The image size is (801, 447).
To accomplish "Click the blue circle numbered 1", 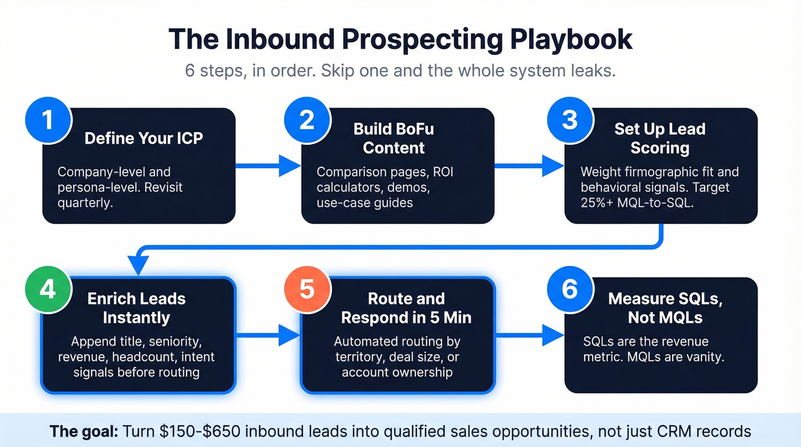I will pos(48,120).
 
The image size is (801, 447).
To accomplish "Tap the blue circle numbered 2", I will pos(307,120).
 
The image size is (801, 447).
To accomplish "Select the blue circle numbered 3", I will pos(570,120).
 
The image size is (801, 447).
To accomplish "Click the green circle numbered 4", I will pos(48,289).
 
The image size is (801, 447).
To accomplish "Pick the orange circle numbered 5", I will pos(307,289).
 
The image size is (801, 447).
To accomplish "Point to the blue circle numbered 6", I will pos(570,289).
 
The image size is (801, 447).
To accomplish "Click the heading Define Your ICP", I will pos(144,138).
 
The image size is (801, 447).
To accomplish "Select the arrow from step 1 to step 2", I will pos(268,166).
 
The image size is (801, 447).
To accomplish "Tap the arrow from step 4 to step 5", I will pos(268,335).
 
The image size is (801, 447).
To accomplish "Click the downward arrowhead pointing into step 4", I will pos(138,267).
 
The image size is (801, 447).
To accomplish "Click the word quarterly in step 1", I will pos(85,203).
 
